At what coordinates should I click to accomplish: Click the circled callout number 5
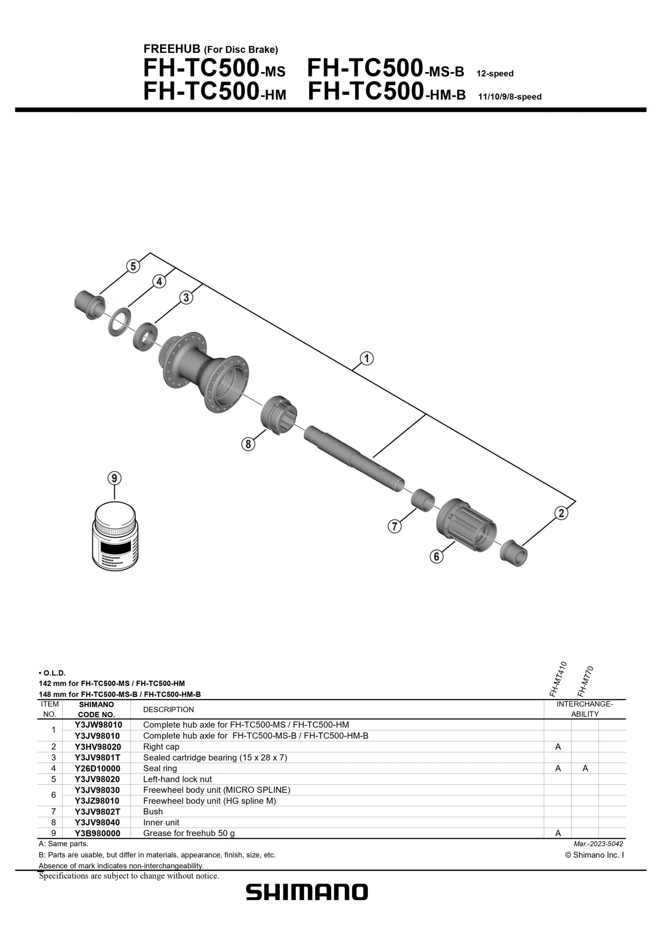(133, 266)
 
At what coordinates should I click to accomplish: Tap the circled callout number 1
(367, 358)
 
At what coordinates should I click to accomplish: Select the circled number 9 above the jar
(114, 478)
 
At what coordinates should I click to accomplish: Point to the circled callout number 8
(248, 444)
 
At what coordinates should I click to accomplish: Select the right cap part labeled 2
(514, 553)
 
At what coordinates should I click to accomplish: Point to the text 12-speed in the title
(495, 74)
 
